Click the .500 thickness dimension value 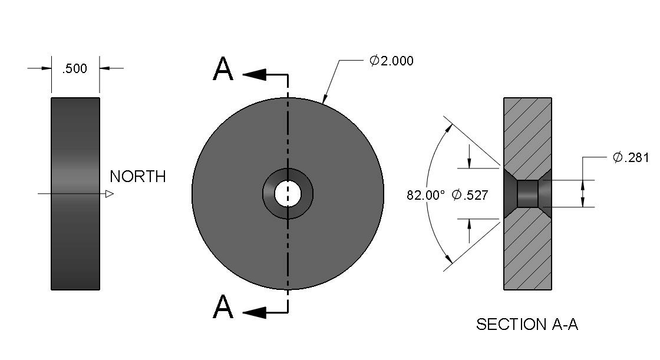click(x=74, y=68)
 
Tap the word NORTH click(x=138, y=176)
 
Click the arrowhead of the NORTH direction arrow click(x=110, y=194)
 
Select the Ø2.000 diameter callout click(x=391, y=61)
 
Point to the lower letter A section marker click(x=223, y=306)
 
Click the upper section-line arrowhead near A click(x=255, y=74)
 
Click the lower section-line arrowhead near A click(x=255, y=312)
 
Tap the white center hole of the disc click(x=288, y=194)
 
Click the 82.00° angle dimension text click(x=425, y=196)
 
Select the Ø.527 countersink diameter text click(x=470, y=195)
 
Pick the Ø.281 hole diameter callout click(x=631, y=157)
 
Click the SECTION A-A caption click(x=527, y=324)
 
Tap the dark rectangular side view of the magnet click(x=75, y=194)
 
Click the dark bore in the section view click(x=527, y=194)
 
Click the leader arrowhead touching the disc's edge click(x=325, y=98)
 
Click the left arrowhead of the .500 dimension click(x=46, y=68)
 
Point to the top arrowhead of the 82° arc click(x=448, y=128)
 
